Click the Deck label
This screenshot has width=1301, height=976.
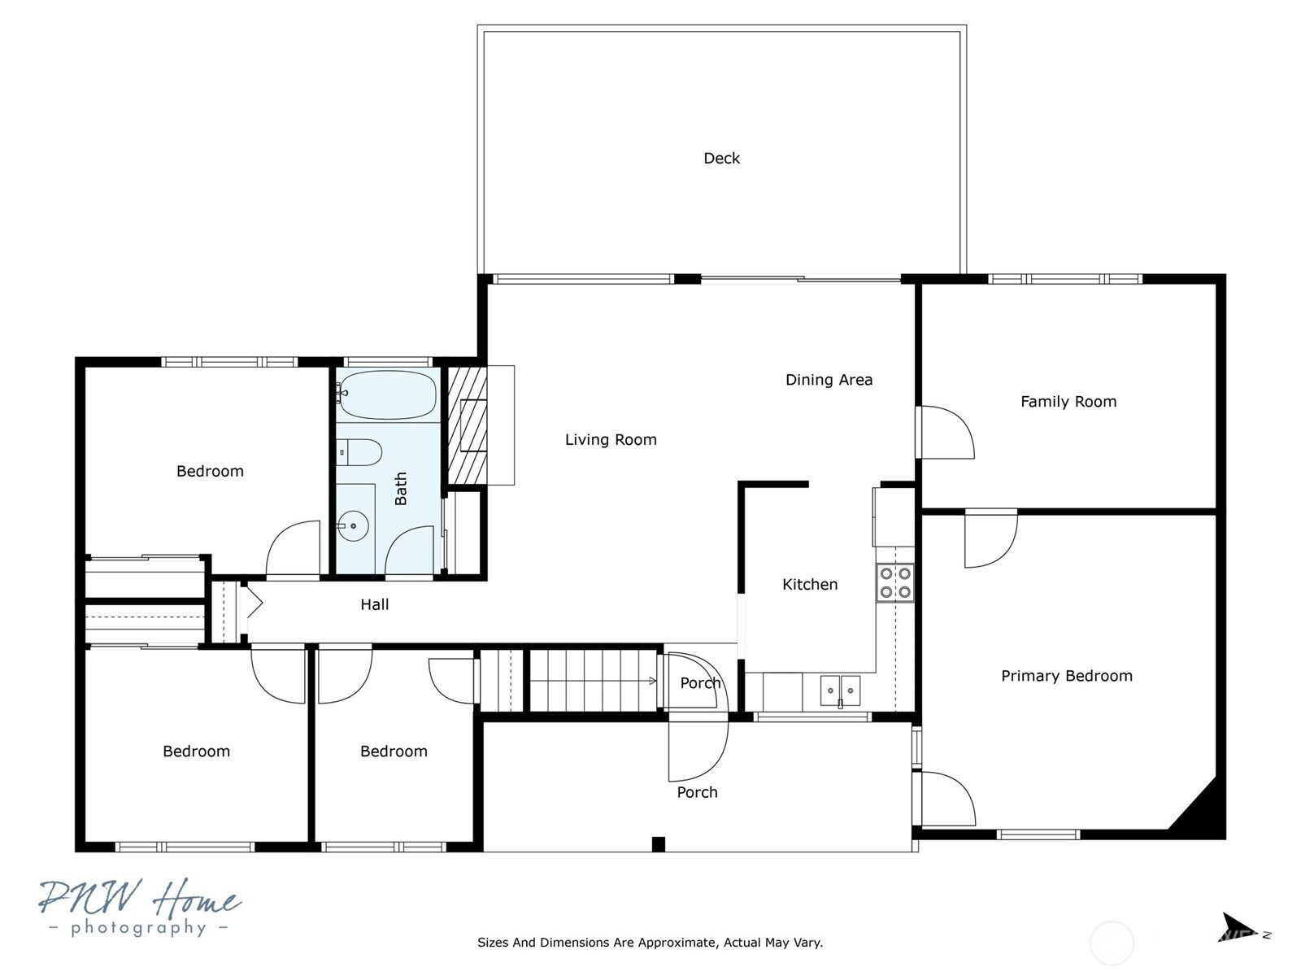721,159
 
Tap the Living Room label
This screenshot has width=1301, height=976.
611,440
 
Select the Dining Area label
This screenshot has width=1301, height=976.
829,380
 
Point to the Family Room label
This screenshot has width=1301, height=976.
1068,402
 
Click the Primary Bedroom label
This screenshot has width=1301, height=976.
1066,676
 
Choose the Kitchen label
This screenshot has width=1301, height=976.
810,585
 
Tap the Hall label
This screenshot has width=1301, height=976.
375,604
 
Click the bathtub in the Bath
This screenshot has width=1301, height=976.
388,395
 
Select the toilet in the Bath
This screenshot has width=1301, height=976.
359,453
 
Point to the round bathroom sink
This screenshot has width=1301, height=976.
353,525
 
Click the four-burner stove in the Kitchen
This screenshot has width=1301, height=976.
895,583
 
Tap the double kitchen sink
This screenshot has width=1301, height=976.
840,691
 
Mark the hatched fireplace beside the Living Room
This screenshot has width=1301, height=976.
467,425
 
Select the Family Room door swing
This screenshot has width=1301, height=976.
946,432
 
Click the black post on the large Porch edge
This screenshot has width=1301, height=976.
658,844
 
